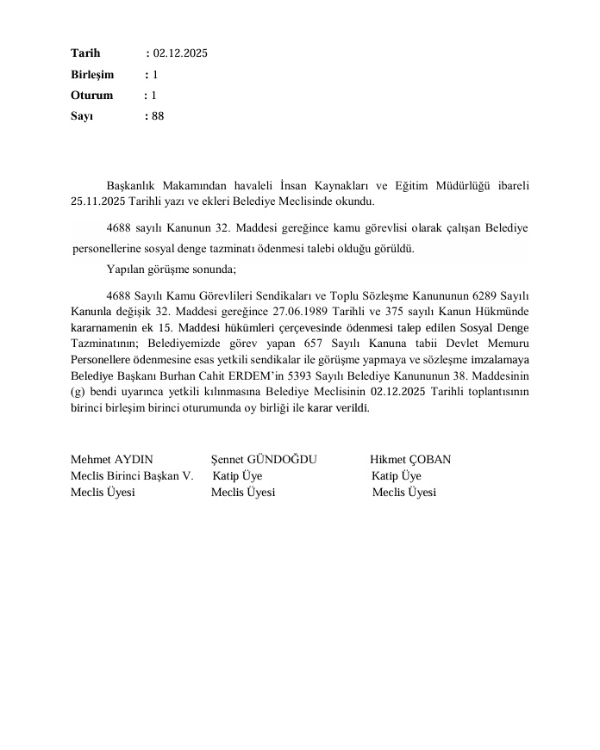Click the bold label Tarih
point(85,53)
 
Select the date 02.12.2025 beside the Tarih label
point(180,53)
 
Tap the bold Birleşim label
point(92,75)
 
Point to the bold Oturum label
point(91,96)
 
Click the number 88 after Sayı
point(157,116)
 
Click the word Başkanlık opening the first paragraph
point(132,184)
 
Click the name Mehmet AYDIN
point(106,460)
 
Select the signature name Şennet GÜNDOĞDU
point(264,460)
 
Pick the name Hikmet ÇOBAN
point(410,460)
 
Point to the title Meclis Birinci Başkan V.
point(131,475)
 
